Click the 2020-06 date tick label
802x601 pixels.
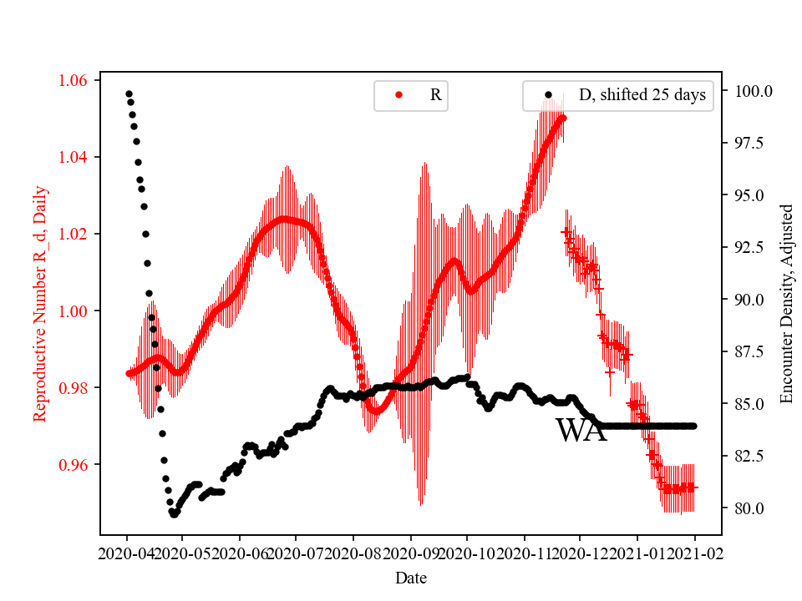pyautogui.click(x=240, y=553)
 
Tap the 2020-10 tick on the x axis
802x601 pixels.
pyautogui.click(x=467, y=553)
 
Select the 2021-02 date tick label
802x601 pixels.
pyautogui.click(x=694, y=553)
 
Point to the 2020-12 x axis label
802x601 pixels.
pyautogui.click(x=581, y=553)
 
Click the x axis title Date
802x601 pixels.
pyautogui.click(x=410, y=577)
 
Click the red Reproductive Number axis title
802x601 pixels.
pyautogui.click(x=40, y=303)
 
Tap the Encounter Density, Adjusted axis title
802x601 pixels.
pyautogui.click(x=786, y=303)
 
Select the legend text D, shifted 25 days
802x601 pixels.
pyautogui.click(x=642, y=96)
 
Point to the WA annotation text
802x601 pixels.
pyautogui.click(x=581, y=431)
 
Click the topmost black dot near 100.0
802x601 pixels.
pyautogui.click(x=129, y=93)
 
